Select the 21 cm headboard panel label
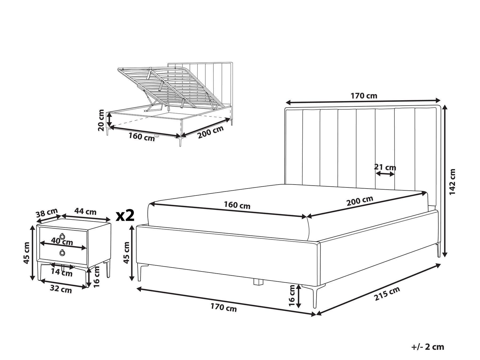385,167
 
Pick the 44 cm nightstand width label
85,212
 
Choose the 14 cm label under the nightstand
62,273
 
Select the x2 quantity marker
125,215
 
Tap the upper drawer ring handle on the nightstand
62,236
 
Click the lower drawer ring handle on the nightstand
62,253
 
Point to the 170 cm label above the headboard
364,96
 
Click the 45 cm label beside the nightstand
26,253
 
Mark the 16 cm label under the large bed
293,295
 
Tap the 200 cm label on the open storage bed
210,133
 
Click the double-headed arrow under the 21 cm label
385,174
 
